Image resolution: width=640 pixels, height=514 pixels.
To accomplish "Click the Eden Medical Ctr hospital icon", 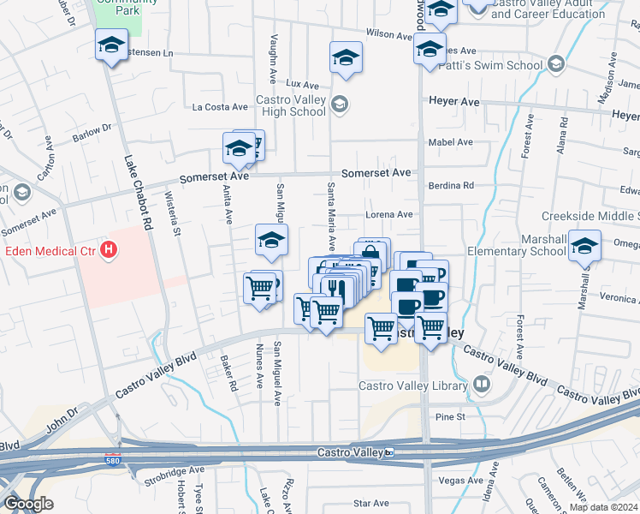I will (109, 250).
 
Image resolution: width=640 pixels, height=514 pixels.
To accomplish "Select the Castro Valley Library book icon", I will (481, 385).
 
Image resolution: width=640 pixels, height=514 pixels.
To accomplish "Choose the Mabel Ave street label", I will (453, 142).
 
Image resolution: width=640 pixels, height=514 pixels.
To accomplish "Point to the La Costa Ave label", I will (220, 107).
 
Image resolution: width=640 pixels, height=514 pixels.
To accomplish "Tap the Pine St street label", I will (448, 416).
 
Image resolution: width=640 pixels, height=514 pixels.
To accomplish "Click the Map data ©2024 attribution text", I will (604, 507).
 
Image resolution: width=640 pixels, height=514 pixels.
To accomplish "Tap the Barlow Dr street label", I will (92, 133).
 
